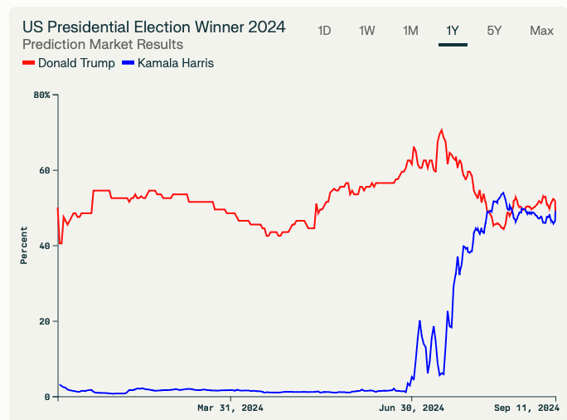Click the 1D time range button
[x=324, y=31]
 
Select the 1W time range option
[x=366, y=31]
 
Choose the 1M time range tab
[x=409, y=31]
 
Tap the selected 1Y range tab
[x=453, y=31]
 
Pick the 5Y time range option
[x=494, y=31]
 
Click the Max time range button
[x=541, y=31]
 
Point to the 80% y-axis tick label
[x=41, y=95]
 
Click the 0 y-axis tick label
[x=47, y=397]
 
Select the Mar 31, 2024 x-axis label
[x=230, y=408]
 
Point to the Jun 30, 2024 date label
[x=411, y=408]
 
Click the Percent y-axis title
[x=24, y=245]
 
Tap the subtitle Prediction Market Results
[x=103, y=44]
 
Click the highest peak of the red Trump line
[x=442, y=129]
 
